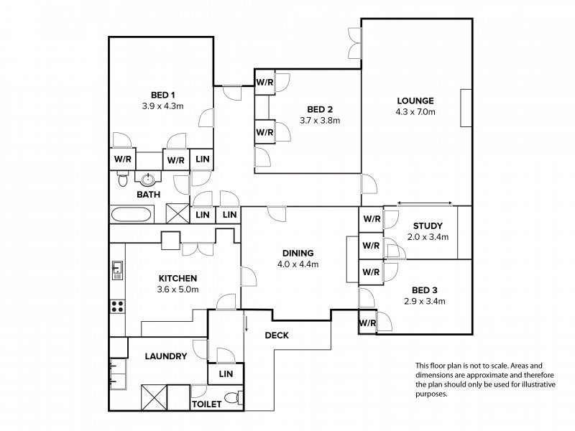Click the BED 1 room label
click(163, 96)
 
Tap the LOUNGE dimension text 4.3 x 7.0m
click(415, 112)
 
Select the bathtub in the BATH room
click(131, 215)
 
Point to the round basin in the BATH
click(148, 179)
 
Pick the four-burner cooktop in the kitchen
click(117, 307)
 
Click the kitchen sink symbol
click(117, 271)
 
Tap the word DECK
click(277, 335)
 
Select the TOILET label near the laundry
click(207, 404)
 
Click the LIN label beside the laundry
click(226, 374)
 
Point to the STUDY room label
click(428, 226)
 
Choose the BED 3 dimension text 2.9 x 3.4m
click(425, 301)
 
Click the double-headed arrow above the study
click(425, 203)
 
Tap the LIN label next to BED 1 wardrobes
click(203, 159)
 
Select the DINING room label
click(298, 253)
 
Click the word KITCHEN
click(178, 278)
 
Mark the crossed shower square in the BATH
click(178, 213)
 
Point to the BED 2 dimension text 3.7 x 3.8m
click(320, 120)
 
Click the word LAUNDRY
click(166, 356)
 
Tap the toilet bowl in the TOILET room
click(231, 398)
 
